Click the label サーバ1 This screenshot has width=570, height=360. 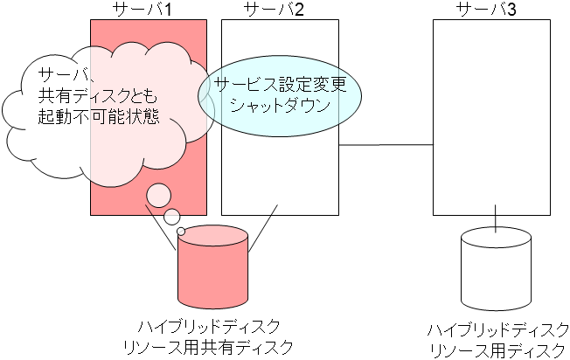point(148,10)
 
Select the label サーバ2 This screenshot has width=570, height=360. point(273,10)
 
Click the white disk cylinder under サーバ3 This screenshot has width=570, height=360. point(496,271)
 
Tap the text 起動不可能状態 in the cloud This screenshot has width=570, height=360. point(98,116)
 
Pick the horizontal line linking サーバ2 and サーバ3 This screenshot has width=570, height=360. point(386,144)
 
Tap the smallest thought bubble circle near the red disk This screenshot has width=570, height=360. point(182,232)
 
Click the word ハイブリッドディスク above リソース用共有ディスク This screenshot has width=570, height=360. point(212,327)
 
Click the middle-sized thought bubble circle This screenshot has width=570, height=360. point(172,216)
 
